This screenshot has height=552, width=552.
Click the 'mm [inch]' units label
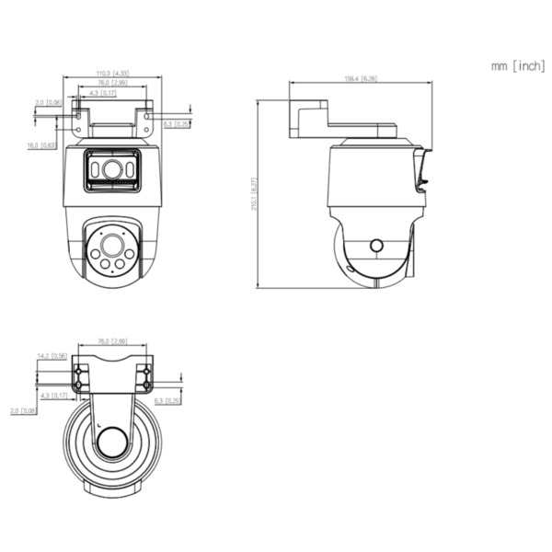click(x=518, y=66)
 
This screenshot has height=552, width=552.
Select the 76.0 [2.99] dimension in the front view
click(x=111, y=84)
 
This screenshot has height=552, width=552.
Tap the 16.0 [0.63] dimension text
click(x=42, y=145)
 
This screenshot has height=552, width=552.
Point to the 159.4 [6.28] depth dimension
click(x=361, y=79)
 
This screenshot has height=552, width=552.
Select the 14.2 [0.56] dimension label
click(x=52, y=356)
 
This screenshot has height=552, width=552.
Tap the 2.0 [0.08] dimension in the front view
click(x=47, y=103)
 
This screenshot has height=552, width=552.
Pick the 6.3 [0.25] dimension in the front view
click(x=177, y=124)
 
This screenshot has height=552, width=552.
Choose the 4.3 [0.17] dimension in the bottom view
click(x=52, y=395)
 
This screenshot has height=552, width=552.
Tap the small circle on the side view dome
click(x=375, y=246)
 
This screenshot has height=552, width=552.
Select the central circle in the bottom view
click(x=112, y=443)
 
